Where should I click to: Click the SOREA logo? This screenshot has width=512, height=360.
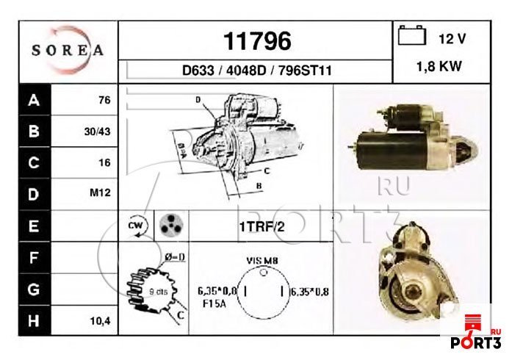(x=68, y=51)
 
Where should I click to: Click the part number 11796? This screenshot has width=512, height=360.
(x=256, y=40)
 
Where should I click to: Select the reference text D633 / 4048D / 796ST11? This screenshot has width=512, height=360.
(x=256, y=71)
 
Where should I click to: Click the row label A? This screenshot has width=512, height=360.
(x=32, y=101)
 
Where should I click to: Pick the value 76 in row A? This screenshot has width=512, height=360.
(x=104, y=101)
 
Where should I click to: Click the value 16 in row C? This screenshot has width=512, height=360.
(x=104, y=163)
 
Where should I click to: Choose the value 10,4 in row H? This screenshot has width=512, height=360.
(x=99, y=321)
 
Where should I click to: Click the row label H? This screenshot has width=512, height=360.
(x=32, y=321)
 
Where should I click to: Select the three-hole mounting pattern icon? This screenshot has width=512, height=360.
(x=170, y=226)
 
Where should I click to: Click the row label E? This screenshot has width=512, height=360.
(x=32, y=226)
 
